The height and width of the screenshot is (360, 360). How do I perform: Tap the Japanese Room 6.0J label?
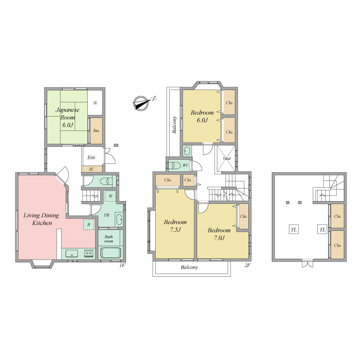(67, 117)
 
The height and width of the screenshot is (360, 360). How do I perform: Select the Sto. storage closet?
(96, 131)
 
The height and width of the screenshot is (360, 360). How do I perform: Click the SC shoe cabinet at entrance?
(92, 169)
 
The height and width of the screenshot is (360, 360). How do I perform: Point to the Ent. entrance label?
(92, 157)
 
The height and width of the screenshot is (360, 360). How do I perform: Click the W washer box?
(110, 196)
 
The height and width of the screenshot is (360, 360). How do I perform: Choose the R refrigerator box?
(89, 225)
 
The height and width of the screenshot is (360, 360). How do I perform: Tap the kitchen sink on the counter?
(72, 254)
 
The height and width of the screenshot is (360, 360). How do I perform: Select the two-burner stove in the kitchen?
(89, 253)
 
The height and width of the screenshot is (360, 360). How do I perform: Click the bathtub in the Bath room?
(111, 253)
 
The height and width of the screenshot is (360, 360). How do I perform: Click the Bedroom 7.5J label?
(175, 225)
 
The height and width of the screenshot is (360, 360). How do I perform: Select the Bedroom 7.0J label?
(219, 234)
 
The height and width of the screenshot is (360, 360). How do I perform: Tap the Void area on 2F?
(226, 158)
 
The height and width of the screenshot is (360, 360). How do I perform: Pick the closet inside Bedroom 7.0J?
(244, 216)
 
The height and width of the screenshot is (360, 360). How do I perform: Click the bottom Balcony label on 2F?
(189, 267)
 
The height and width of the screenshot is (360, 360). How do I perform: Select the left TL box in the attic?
(294, 229)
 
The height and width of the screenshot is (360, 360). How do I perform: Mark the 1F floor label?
(122, 265)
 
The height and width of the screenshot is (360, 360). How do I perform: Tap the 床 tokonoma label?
(95, 103)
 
